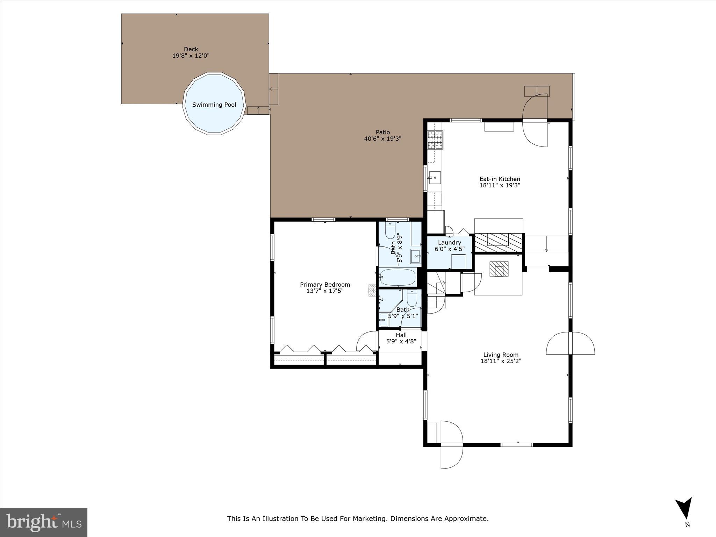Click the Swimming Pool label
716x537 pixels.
214,105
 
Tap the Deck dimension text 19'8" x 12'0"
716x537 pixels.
191,56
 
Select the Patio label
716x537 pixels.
382,132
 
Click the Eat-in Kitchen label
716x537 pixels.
500,179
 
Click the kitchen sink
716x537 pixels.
434,178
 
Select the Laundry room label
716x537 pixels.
449,243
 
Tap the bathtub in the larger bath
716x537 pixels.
398,277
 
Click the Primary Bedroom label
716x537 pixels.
325,285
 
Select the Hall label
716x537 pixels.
401,335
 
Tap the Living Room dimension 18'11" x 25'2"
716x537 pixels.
501,361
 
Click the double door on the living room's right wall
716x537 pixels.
570,343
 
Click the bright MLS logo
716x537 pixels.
44,523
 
